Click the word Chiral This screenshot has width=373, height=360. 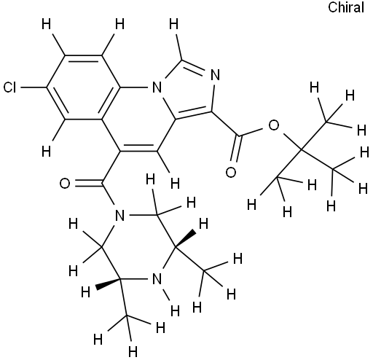[x=346, y=7]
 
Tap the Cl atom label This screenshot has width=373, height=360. [x=9, y=87]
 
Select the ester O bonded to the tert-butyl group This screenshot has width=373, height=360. [x=274, y=125]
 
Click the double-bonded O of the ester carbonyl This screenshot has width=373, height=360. [x=231, y=172]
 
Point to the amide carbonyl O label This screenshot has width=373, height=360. [x=65, y=184]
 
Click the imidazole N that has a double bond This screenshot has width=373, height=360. [x=215, y=75]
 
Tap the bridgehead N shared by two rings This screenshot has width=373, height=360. [x=157, y=87]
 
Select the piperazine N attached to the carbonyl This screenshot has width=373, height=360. [x=119, y=215]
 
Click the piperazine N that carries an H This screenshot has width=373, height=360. [x=157, y=278]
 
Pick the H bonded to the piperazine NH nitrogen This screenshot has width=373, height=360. [x=176, y=310]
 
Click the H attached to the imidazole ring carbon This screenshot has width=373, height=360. [x=174, y=24]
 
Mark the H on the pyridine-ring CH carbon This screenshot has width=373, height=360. [x=176, y=183]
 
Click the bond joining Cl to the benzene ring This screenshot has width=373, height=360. [x=33, y=87]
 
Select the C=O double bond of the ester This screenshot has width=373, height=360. [x=235, y=148]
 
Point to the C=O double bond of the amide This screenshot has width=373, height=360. [x=89, y=184]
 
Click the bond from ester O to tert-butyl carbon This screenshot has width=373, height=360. [x=291, y=141]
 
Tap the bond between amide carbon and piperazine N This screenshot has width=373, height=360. [x=108, y=194]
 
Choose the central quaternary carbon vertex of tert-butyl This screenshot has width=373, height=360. [x=300, y=150]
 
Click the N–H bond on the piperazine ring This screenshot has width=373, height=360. [x=166, y=294]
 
